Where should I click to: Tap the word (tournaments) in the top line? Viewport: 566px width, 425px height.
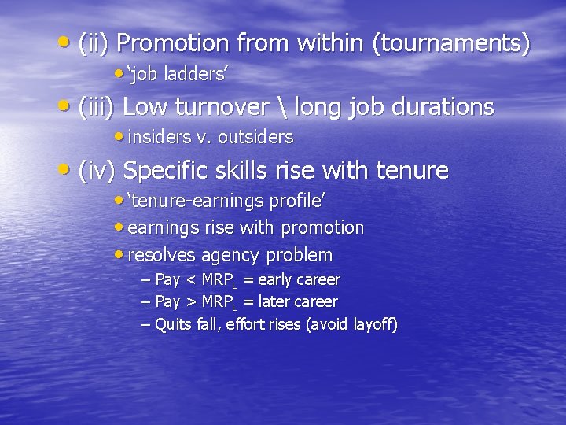pos(454,44)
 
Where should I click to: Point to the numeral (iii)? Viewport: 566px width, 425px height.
pos(98,107)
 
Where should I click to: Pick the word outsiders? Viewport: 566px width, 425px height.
pos(255,137)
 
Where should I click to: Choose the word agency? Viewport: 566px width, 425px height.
pos(230,256)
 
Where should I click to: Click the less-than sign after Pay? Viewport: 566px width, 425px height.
pos(191,280)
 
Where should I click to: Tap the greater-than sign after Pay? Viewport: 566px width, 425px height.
pos(191,302)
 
